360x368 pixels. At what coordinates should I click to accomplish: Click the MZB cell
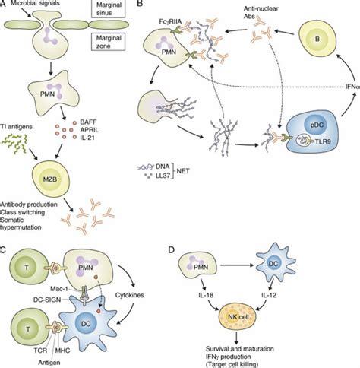pyautogui.click(x=51, y=179)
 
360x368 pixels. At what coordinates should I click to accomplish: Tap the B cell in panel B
pyautogui.click(x=317, y=40)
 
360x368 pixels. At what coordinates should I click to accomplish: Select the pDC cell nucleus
pyautogui.click(x=317, y=125)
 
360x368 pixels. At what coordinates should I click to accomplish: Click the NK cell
pyautogui.click(x=238, y=317)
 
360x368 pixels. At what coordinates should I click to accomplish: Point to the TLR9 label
pyautogui.click(x=323, y=142)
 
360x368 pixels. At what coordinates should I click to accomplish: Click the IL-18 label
pyautogui.click(x=207, y=295)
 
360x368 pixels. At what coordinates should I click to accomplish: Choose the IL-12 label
pyautogui.click(x=269, y=295)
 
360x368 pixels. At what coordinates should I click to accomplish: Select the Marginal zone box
pyautogui.click(x=108, y=42)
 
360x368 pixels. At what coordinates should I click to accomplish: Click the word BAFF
pyautogui.click(x=88, y=122)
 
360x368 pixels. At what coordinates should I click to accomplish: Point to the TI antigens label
pyautogui.click(x=17, y=127)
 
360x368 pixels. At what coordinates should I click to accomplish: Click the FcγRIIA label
pyautogui.click(x=170, y=21)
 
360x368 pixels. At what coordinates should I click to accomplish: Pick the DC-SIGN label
pyautogui.click(x=47, y=300)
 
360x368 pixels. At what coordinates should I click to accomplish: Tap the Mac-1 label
pyautogui.click(x=60, y=289)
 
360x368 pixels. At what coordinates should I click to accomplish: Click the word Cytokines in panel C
pyautogui.click(x=130, y=295)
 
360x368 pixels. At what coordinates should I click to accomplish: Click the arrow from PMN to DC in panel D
pyautogui.click(x=237, y=265)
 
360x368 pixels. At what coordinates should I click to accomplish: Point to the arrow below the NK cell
pyautogui.click(x=237, y=337)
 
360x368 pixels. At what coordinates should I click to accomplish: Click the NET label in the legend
pyautogui.click(x=183, y=171)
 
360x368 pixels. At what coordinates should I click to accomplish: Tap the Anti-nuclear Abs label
pyautogui.click(x=261, y=12)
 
